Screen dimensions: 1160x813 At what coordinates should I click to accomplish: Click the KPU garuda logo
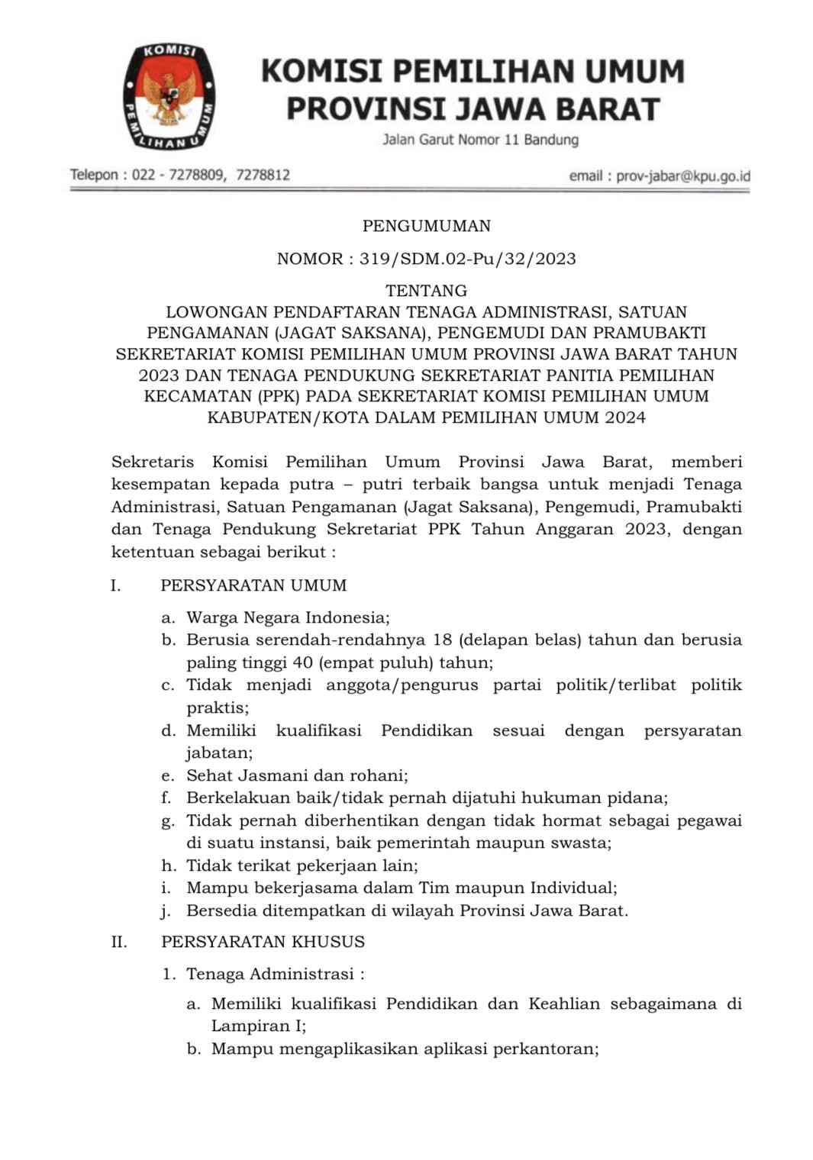(169, 96)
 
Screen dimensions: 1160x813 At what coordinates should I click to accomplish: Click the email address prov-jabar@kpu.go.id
(682, 176)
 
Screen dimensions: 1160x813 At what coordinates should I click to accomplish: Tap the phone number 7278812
(263, 175)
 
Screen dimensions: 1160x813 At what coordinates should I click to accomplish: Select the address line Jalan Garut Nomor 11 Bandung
(480, 140)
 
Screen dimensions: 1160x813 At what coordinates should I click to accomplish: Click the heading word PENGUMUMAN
(426, 226)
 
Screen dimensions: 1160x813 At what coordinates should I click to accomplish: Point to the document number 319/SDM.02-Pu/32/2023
(467, 259)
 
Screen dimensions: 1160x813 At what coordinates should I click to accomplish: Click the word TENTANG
(426, 291)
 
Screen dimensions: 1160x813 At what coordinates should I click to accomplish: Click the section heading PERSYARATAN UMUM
(253, 585)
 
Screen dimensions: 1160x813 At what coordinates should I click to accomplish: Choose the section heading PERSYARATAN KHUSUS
(263, 942)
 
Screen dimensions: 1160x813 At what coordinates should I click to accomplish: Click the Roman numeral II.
(119, 942)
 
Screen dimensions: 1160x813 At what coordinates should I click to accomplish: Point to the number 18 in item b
(443, 640)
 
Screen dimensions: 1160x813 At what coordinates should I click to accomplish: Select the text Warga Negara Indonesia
(287, 617)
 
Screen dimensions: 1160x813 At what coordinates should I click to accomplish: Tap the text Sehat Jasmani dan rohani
(296, 775)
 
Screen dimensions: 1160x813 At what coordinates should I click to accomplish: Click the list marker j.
(166, 910)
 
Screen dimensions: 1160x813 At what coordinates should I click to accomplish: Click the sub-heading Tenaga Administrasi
(270, 974)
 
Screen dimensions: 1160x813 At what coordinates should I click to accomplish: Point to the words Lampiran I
(256, 1026)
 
